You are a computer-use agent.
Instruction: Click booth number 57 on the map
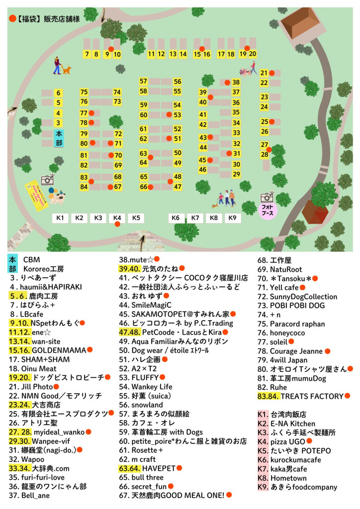[143, 82]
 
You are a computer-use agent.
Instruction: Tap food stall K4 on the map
[117, 218]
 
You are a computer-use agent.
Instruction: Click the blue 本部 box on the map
[59, 138]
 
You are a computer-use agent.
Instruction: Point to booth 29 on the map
[237, 174]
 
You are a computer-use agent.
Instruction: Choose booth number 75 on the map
[84, 92]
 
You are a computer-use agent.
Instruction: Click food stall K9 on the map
[232, 218]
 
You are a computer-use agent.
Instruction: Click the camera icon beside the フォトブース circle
[268, 197]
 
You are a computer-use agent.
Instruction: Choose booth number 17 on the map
[221, 55]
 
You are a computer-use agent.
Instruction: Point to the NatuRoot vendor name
[286, 269]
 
